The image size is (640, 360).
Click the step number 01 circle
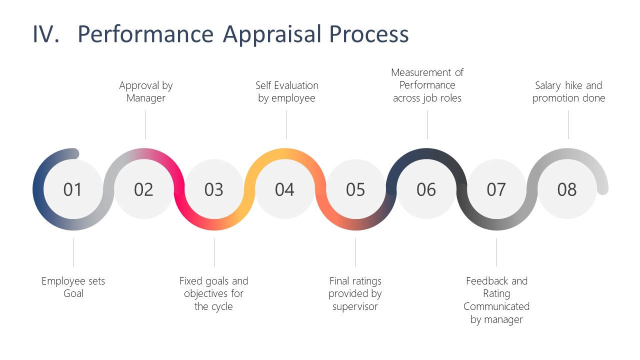pos(72,189)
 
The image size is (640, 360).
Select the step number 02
pos(143,189)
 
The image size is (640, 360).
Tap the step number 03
pos(214,189)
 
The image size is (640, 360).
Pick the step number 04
pos(284,189)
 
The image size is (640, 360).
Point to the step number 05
pos(355,189)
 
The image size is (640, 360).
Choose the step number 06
pos(426,189)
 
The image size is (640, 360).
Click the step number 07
pos(496,189)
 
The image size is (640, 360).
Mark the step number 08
pos(567,189)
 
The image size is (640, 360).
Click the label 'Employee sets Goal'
pos(73,287)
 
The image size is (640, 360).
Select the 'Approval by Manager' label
pos(145,91)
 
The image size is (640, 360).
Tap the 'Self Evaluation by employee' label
pos(286,91)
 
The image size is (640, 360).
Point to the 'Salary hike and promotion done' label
pos(568,91)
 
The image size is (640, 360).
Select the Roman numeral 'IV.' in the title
pos(47,34)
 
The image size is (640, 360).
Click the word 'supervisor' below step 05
pos(355,306)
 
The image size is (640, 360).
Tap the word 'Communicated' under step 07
pos(496,306)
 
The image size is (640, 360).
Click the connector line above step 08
pos(568,125)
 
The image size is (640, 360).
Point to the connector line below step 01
pos(73,252)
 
